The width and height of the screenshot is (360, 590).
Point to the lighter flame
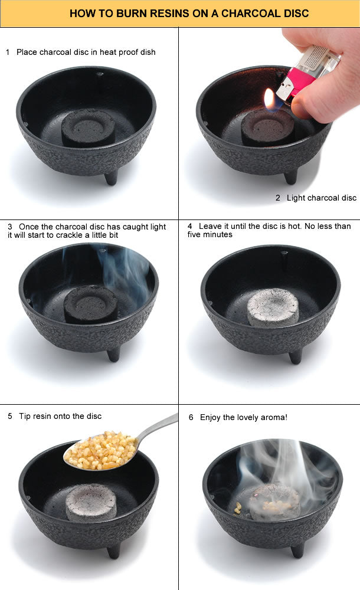[270, 99]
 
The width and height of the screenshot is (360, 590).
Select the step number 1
[8, 52]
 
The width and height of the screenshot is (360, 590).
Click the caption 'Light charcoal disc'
[321, 198]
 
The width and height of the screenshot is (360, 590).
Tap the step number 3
[10, 227]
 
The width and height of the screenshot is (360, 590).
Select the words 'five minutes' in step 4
[210, 234]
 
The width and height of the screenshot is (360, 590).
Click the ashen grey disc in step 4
[272, 307]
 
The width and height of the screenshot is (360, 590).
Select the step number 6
[191, 417]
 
